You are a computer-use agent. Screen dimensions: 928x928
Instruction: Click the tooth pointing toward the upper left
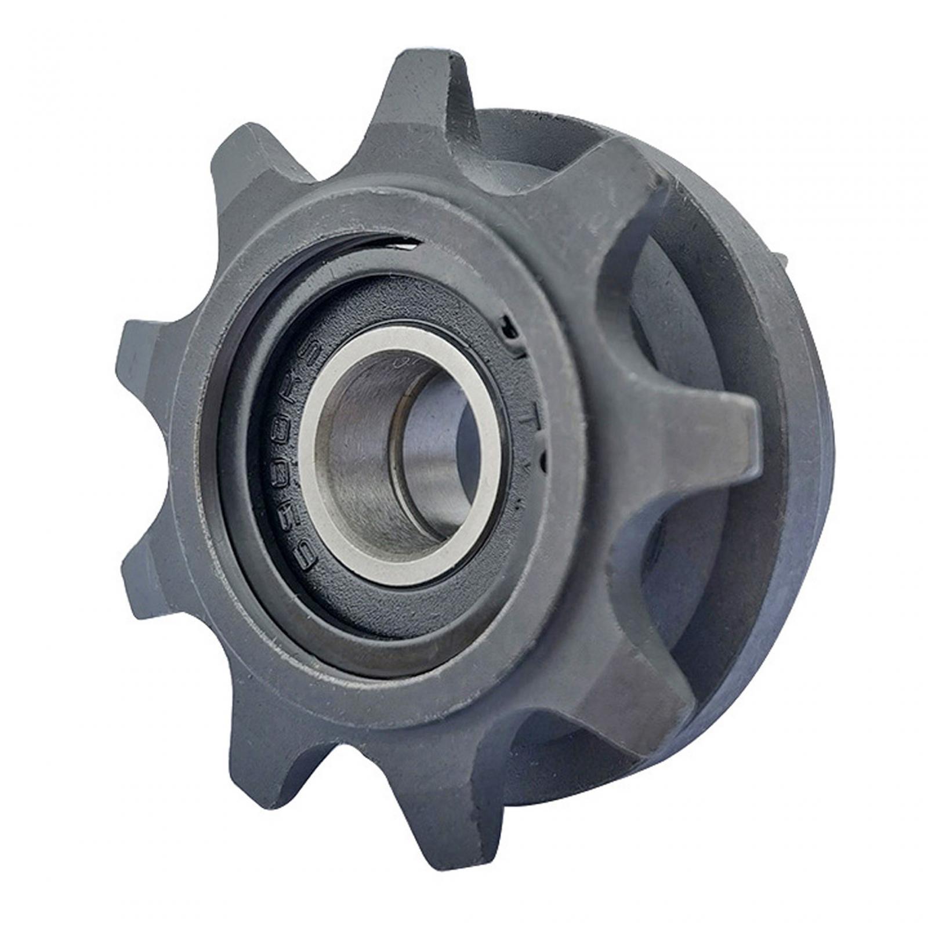pos(255,151)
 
